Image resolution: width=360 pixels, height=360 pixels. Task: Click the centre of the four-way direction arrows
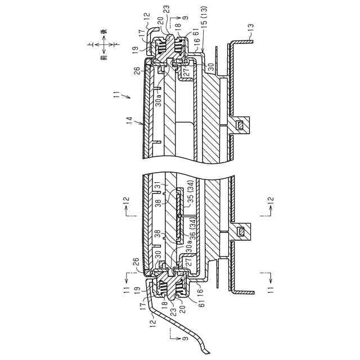coord(103,45)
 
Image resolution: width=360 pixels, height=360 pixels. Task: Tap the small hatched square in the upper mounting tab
coord(241,124)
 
